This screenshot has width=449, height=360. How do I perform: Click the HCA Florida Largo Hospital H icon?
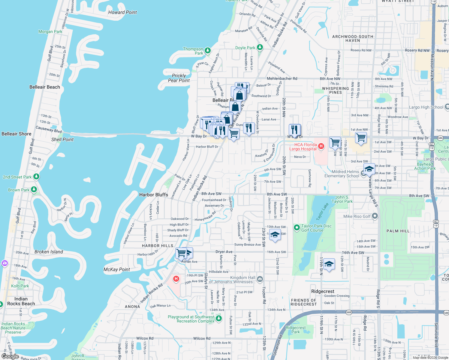tap(321, 146)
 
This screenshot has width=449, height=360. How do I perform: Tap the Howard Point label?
tap(122, 12)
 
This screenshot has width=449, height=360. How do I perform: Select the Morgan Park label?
tap(50, 31)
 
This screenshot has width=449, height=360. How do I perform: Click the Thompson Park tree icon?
tap(207, 50)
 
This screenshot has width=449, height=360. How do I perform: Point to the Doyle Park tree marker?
tap(260, 47)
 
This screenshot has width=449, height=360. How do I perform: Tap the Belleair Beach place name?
tap(45, 87)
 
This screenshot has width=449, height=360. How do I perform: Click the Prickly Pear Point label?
tap(179, 78)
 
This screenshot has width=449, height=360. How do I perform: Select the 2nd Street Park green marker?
tap(36, 176)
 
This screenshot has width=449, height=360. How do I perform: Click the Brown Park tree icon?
tap(34, 189)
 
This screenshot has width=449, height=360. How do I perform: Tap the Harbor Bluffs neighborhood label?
tap(153, 195)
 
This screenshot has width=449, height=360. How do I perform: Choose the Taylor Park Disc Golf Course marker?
tap(297, 228)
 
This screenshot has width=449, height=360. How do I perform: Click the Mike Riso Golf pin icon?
tap(375, 216)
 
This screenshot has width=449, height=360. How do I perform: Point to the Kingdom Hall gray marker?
tap(260, 279)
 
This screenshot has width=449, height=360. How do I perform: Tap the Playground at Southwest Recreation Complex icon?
tap(219, 318)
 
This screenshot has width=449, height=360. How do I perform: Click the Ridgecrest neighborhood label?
tap(323, 291)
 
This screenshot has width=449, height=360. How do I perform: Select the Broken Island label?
tap(49, 252)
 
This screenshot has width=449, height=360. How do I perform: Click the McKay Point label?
tap(116, 269)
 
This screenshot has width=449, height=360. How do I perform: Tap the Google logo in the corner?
tap(10, 356)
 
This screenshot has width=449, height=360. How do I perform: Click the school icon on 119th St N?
tap(329, 264)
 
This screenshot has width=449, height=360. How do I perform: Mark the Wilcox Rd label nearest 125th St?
tap(202, 338)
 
